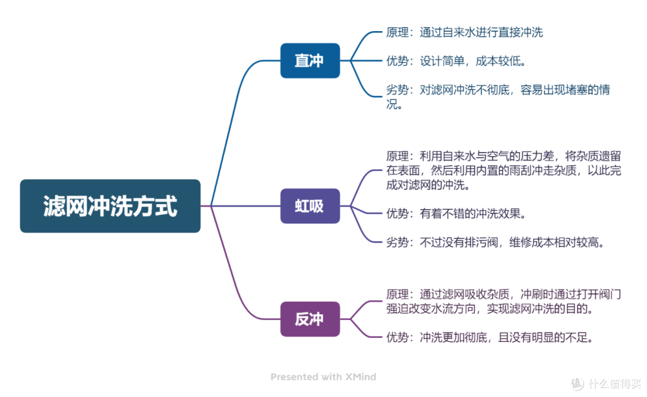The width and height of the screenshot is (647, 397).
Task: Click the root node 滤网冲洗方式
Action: (x=110, y=206)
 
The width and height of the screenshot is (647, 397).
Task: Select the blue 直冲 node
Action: (x=310, y=60)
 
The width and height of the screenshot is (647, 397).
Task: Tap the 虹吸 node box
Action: (x=310, y=206)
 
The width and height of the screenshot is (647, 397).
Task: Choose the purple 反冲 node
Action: (x=310, y=319)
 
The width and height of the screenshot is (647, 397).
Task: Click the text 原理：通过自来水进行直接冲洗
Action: (x=464, y=32)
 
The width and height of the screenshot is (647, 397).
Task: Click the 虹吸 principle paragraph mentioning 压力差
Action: (x=503, y=171)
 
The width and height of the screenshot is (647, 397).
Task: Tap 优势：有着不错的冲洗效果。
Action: (x=456, y=213)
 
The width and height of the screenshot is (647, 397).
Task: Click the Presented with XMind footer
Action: (x=323, y=377)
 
